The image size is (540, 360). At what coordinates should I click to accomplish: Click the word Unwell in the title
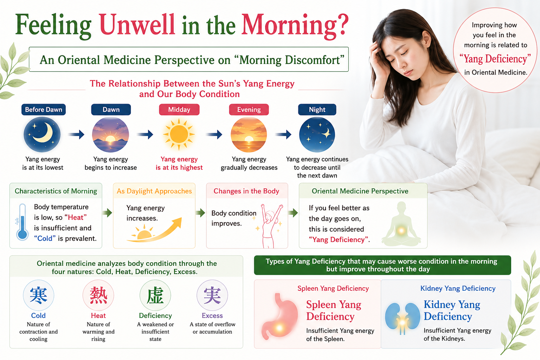(136, 25)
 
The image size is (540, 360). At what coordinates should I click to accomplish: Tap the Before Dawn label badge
(44, 109)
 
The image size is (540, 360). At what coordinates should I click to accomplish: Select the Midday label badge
(179, 109)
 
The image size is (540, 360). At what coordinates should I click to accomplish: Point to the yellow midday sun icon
(179, 134)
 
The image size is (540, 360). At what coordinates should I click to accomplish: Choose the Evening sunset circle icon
(249, 134)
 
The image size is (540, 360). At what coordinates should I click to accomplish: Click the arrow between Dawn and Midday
(145, 134)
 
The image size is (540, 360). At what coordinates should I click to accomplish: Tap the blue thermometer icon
(22, 222)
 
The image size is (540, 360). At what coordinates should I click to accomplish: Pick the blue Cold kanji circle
(39, 295)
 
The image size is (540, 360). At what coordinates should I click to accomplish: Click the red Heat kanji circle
(98, 295)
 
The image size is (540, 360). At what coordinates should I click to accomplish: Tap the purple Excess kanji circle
(212, 295)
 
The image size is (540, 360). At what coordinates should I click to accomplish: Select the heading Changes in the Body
(246, 191)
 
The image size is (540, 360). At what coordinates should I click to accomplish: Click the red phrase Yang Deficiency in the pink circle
(495, 59)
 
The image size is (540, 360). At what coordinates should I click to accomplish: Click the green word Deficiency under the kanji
(155, 315)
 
